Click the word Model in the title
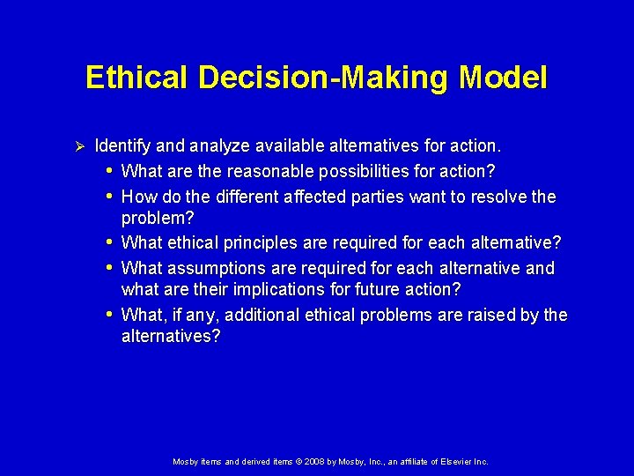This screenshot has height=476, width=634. (x=503, y=78)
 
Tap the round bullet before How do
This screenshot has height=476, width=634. (x=108, y=197)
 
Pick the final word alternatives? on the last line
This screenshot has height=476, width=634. (x=171, y=336)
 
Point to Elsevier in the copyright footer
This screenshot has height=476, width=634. (x=449, y=461)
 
